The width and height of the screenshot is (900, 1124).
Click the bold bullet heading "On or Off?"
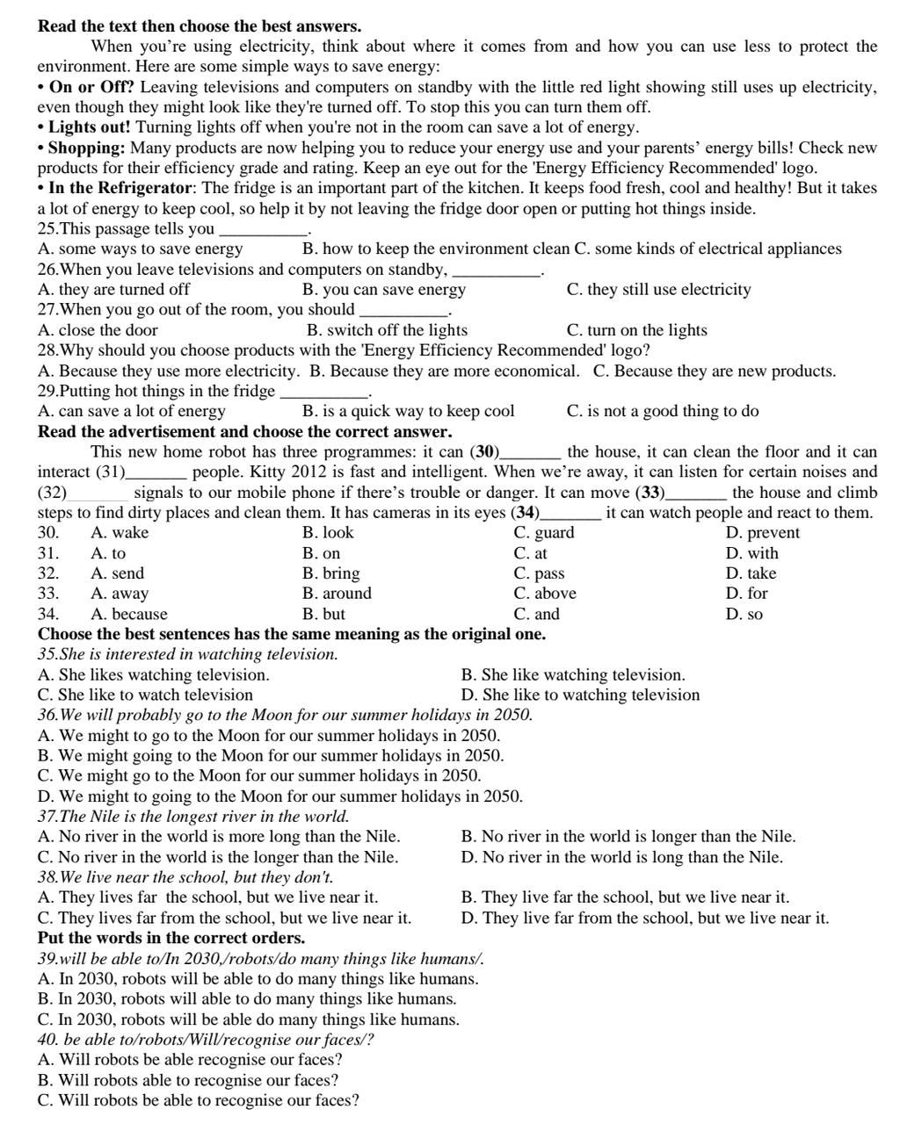tap(91, 87)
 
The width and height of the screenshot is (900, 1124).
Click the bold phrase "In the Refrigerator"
tap(120, 188)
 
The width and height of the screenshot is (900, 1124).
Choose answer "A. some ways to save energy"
tap(141, 249)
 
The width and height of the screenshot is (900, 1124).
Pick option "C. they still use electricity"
tap(658, 290)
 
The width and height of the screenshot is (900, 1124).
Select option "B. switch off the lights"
tap(387, 330)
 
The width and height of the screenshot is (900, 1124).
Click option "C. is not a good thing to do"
tap(663, 411)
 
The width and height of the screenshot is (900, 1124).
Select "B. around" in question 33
tap(337, 594)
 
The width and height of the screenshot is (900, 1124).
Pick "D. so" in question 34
tap(744, 614)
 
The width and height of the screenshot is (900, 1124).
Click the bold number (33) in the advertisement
tap(650, 493)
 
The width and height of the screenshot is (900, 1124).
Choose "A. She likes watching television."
tap(154, 674)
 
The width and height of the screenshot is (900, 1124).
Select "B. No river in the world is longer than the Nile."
tap(628, 837)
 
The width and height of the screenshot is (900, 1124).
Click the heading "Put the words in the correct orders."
tap(171, 938)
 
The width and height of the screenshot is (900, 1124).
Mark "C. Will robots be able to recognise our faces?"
tap(199, 1100)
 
